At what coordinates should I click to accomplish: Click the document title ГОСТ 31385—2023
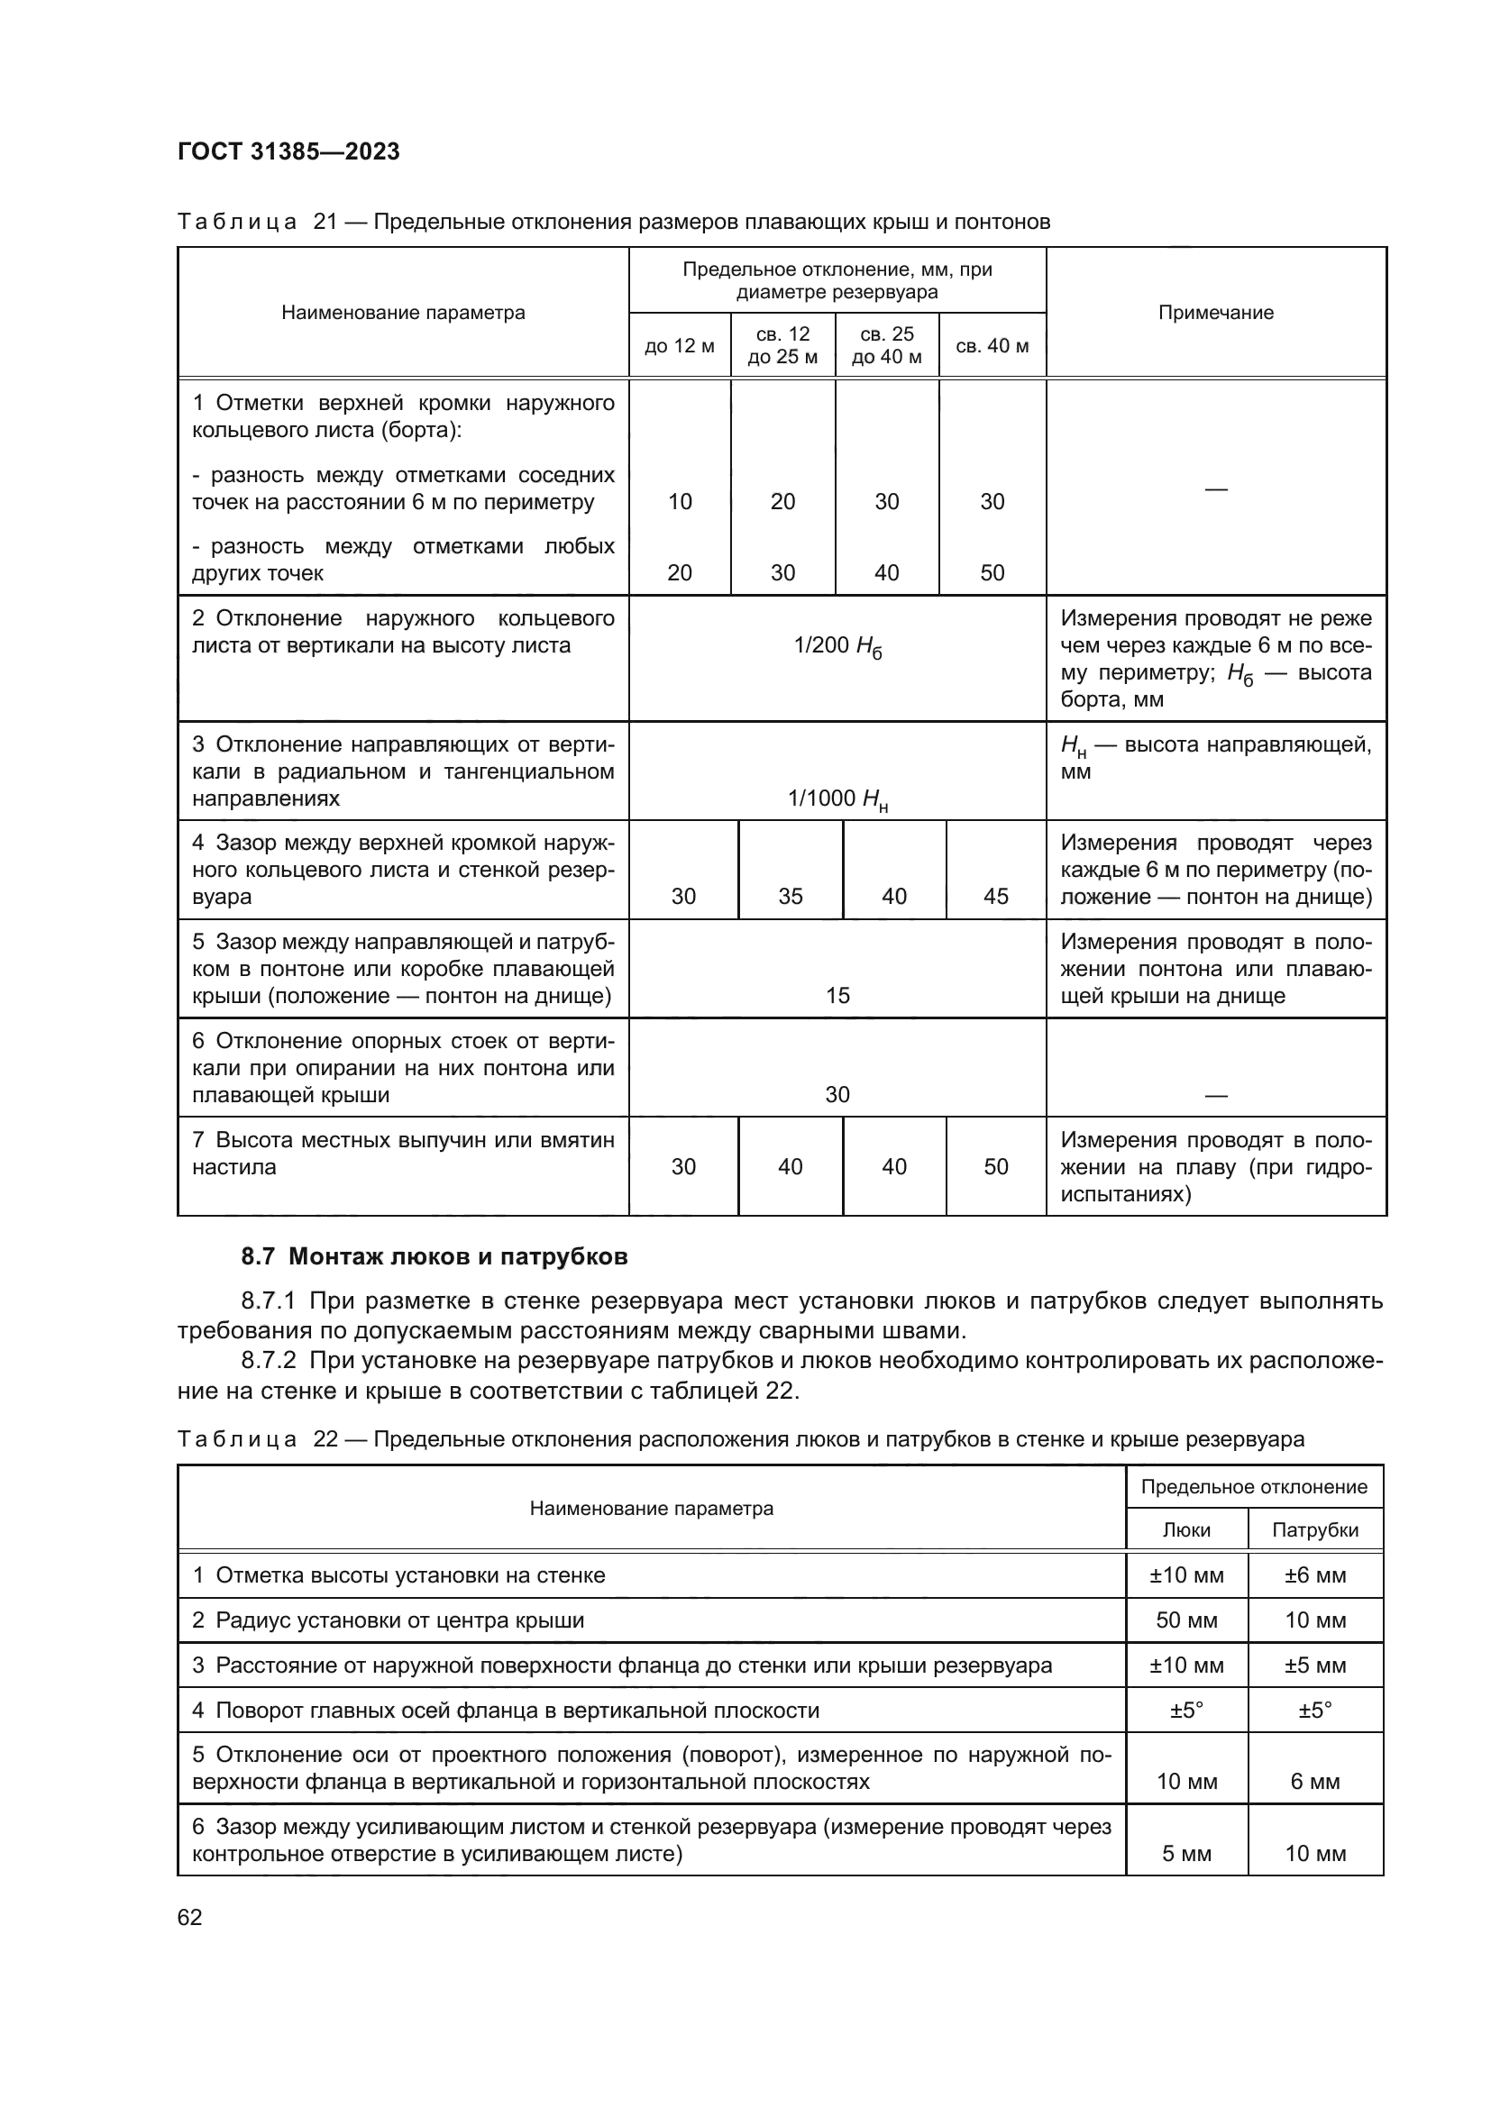(288, 151)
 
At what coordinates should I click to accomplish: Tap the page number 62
(190, 1917)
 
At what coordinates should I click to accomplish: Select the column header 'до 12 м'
(680, 346)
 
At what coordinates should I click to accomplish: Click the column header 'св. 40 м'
(992, 346)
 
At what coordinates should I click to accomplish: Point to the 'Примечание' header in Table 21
(1215, 312)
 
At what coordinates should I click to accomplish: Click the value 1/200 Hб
(837, 647)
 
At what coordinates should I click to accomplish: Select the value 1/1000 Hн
(837, 799)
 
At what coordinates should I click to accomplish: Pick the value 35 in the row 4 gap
(791, 896)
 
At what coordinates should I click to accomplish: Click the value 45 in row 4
(996, 896)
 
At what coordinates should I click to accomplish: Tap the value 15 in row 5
(837, 995)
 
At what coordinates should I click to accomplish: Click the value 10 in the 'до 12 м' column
(680, 501)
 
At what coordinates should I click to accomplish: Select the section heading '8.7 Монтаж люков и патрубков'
(434, 1257)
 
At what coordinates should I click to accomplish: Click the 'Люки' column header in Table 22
(1186, 1529)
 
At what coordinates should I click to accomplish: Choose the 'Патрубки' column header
(1314, 1529)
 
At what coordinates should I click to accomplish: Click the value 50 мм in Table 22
(1186, 1620)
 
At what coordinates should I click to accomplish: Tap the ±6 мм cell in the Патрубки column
(1314, 1575)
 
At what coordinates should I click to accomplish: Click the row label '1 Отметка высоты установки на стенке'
(398, 1575)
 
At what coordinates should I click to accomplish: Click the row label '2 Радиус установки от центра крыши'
(388, 1620)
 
